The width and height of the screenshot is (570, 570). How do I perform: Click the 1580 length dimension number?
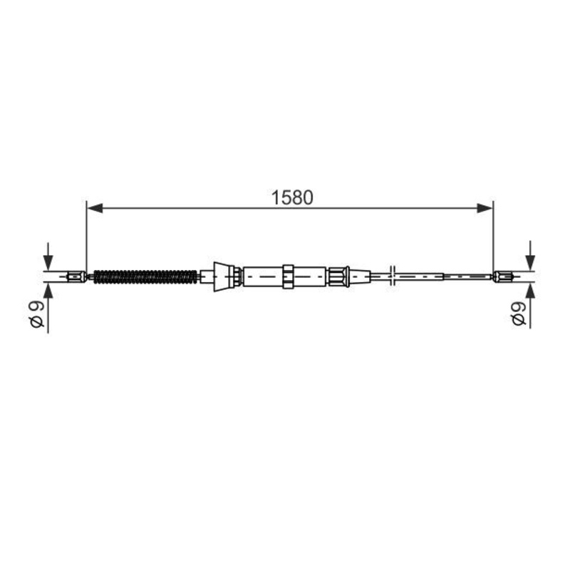point(292,198)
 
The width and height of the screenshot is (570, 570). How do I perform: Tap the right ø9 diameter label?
point(518,313)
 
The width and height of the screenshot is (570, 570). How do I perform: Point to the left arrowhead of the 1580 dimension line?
point(95,208)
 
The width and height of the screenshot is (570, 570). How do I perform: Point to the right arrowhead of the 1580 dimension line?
point(485,208)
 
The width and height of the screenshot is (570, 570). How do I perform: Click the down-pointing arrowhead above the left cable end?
point(48,262)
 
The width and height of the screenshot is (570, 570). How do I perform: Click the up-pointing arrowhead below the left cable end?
point(48,291)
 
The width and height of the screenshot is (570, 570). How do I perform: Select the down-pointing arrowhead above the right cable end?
point(530,262)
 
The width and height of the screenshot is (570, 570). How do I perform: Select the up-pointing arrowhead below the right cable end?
point(530,291)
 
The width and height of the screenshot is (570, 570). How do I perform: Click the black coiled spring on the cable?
point(145,277)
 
